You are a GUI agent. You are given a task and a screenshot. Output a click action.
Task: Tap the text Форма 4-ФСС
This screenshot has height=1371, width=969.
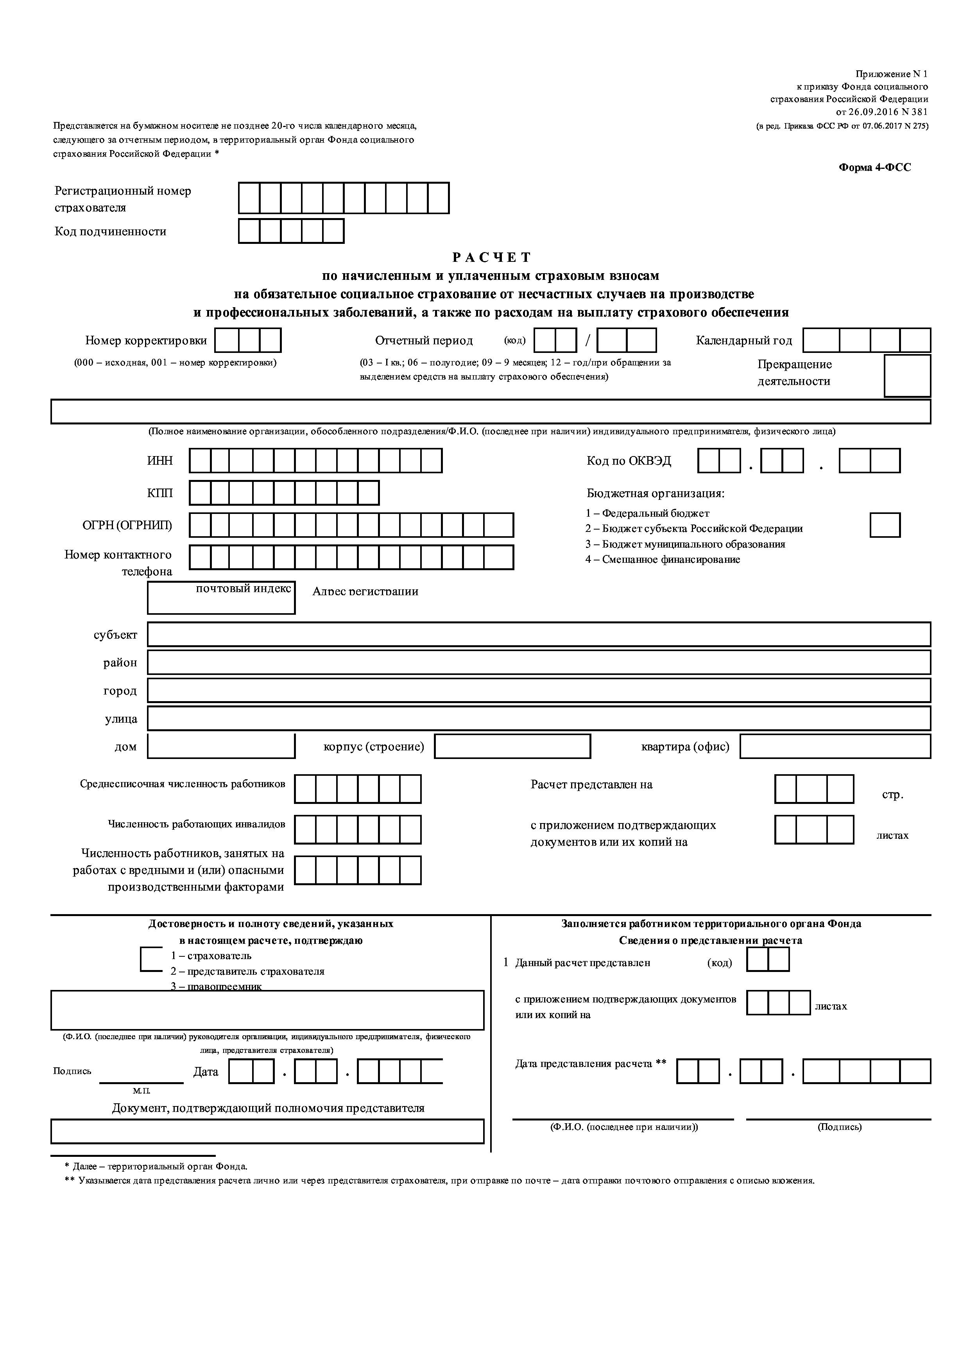point(875,168)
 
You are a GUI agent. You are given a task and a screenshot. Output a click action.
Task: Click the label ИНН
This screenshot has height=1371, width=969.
point(160,460)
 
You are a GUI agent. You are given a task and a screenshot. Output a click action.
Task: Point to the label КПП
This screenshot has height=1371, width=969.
point(160,492)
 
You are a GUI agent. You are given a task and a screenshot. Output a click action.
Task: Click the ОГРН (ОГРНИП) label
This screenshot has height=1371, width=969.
point(127,525)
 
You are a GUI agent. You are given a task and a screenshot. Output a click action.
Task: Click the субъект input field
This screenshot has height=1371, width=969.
point(539,634)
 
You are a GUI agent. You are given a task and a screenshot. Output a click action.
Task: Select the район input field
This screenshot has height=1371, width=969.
point(539,662)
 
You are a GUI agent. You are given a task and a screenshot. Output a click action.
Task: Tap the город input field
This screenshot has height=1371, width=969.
point(539,690)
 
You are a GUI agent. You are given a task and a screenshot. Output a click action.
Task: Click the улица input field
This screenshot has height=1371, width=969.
point(539,718)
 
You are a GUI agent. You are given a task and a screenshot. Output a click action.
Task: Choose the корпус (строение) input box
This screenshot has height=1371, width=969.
point(512,746)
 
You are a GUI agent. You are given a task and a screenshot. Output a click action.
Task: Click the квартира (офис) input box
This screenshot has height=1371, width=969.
point(835,746)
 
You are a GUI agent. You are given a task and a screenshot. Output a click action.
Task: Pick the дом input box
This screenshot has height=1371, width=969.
point(221,746)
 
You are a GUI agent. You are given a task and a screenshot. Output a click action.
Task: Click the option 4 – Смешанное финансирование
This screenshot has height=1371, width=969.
point(662,560)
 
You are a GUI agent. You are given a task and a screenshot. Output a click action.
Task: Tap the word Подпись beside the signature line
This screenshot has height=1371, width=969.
point(72,1071)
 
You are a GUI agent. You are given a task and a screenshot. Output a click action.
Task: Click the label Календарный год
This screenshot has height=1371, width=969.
point(743,340)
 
